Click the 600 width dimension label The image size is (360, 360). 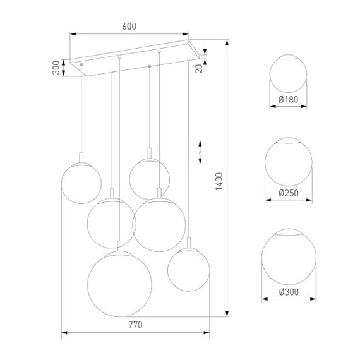click(129, 27)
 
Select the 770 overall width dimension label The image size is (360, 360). click(134, 325)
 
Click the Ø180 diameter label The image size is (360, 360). click(289, 99)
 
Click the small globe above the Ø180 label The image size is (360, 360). click(289, 74)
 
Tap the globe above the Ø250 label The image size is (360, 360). click(289, 162)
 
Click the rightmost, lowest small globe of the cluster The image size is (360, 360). click(188, 269)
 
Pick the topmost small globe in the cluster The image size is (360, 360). click(149, 177)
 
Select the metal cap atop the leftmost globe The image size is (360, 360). click(81, 157)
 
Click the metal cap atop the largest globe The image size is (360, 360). click(118, 245)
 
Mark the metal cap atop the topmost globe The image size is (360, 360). click(149, 153)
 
